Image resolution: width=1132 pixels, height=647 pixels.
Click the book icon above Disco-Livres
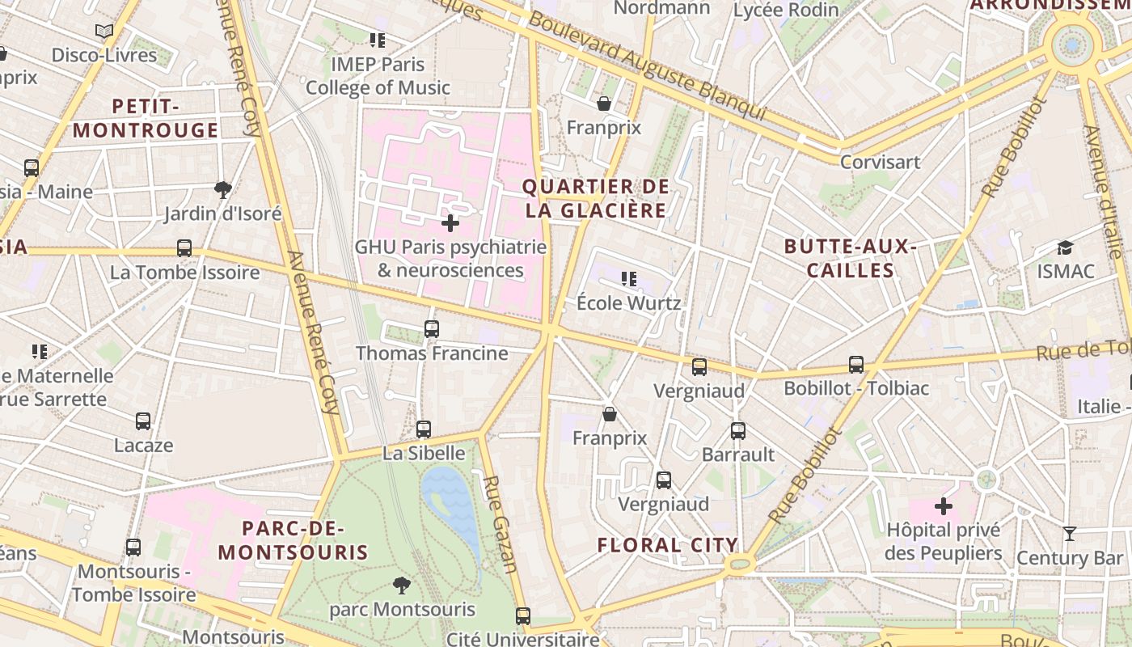(x=103, y=32)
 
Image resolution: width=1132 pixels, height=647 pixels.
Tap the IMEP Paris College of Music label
(x=378, y=75)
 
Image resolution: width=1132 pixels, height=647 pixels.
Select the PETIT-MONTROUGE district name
(x=146, y=118)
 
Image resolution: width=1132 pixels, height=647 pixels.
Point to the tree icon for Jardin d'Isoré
(x=223, y=190)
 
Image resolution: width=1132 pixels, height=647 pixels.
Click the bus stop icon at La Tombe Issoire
(x=184, y=248)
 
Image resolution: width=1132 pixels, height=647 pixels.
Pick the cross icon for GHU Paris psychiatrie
(x=450, y=223)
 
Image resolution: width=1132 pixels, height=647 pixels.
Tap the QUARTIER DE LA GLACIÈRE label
(x=596, y=199)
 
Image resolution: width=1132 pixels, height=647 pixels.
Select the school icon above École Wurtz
(x=628, y=280)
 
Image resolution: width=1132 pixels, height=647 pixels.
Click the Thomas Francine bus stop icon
(x=432, y=329)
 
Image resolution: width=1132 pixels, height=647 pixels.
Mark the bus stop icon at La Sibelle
(x=424, y=429)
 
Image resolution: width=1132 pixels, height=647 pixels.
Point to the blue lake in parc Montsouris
(x=453, y=501)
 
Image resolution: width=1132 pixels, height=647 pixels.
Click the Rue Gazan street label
(x=500, y=523)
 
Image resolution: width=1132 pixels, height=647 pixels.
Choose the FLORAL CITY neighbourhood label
(x=668, y=545)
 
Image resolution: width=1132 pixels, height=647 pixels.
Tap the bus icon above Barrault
(x=738, y=431)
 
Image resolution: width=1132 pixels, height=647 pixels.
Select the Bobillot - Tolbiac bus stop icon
(x=856, y=365)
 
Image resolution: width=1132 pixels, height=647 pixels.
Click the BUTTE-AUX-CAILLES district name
(x=851, y=258)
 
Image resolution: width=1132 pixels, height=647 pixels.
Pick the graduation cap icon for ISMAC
(x=1065, y=247)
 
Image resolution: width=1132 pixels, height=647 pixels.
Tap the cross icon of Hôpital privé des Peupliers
(x=943, y=507)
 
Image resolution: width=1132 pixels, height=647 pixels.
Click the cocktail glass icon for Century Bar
(x=1070, y=534)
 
